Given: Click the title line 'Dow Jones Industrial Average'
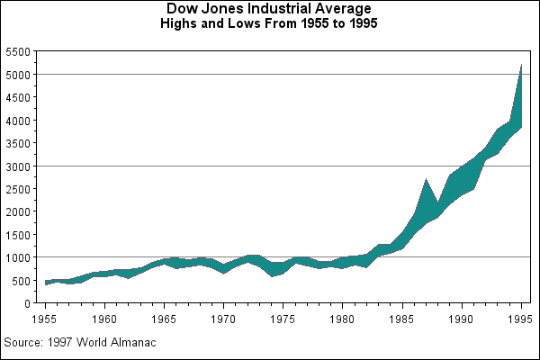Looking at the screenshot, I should (x=269, y=9).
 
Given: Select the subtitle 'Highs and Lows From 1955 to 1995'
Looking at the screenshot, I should (x=269, y=23).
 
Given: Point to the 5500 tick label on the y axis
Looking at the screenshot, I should (x=18, y=51).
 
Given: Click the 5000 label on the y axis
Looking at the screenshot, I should (x=18, y=75).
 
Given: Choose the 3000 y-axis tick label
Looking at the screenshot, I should (x=18, y=166).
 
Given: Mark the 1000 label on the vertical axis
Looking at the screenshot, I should (x=18, y=257).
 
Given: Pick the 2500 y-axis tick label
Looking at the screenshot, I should (x=18, y=189).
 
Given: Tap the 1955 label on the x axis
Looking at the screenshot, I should (x=45, y=318).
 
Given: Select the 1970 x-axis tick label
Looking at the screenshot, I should (x=223, y=318).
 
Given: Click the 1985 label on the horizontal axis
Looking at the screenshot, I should (x=402, y=318).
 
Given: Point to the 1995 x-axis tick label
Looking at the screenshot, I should (x=521, y=318).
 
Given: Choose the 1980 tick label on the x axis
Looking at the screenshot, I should (x=343, y=318).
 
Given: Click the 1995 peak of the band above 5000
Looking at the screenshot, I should (x=521, y=67).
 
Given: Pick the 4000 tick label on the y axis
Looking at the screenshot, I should (x=18, y=121).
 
